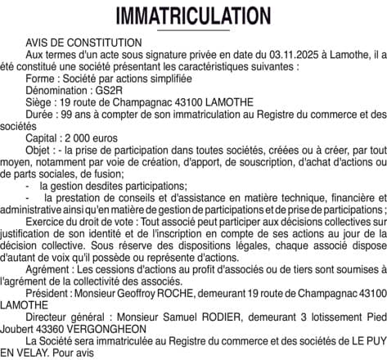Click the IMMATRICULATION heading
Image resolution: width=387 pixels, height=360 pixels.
193,16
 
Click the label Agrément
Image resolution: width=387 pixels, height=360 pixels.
48,265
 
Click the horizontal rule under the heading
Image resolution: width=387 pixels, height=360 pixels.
193,31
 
